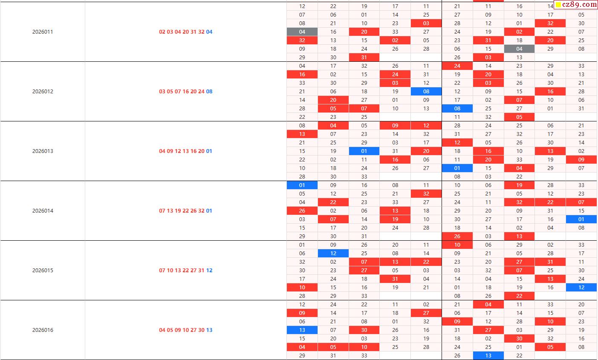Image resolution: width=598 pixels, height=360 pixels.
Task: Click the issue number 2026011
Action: point(43,32)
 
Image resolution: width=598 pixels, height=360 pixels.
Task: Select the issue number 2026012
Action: point(43,92)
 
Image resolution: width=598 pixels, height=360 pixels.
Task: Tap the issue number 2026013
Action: point(43,151)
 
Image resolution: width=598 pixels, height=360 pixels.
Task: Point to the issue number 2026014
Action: point(43,211)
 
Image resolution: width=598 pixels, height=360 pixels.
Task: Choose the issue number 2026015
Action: point(43,271)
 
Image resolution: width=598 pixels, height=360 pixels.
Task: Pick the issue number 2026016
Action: point(43,330)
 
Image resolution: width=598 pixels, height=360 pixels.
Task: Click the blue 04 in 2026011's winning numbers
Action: point(209,32)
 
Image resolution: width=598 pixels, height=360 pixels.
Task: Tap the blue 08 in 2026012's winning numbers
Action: point(209,92)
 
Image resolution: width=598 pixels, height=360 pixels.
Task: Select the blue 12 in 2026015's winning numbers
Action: point(209,271)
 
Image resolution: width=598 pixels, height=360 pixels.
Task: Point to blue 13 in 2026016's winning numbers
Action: point(209,330)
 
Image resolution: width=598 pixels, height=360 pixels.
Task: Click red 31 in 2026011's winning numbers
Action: point(194,32)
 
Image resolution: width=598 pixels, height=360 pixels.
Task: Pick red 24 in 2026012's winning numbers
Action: point(201,92)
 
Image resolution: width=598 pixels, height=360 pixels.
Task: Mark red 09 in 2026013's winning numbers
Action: point(170,151)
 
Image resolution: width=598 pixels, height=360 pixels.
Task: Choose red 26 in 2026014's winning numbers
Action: point(194,211)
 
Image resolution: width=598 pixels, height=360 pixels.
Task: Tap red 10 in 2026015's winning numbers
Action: point(170,271)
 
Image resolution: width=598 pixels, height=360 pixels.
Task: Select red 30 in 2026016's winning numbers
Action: point(201,330)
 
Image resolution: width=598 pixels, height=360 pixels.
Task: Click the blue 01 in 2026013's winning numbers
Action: point(209,151)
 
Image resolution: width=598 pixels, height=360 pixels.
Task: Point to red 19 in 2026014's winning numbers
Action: point(178,211)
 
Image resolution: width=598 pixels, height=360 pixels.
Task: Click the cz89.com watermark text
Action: point(580,5)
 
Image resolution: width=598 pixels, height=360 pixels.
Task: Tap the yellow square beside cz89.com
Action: point(558,5)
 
